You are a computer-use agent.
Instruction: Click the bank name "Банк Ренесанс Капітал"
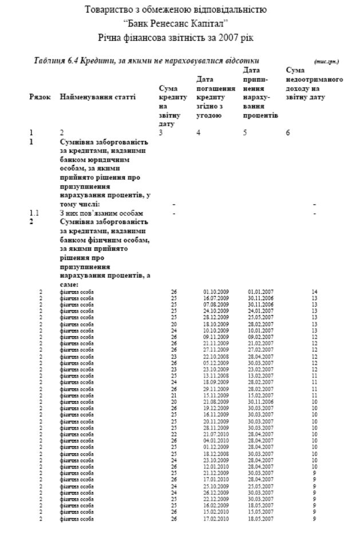180,24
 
